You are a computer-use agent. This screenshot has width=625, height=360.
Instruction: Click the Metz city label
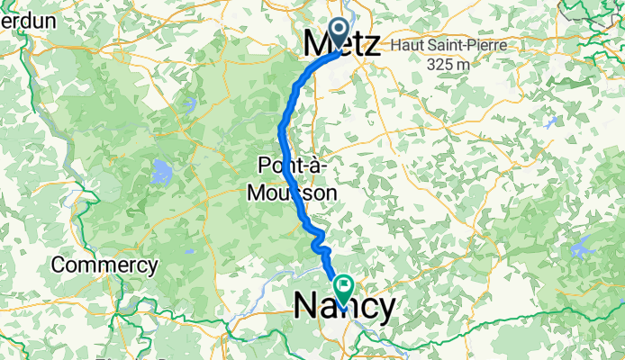pos(342,43)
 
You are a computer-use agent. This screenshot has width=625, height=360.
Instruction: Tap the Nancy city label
pos(344,308)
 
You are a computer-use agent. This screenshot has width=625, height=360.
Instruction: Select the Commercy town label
pos(104,265)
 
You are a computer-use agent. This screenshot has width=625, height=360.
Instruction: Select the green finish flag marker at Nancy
pos(344,286)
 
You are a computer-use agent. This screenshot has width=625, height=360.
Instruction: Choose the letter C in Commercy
pos(59,265)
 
